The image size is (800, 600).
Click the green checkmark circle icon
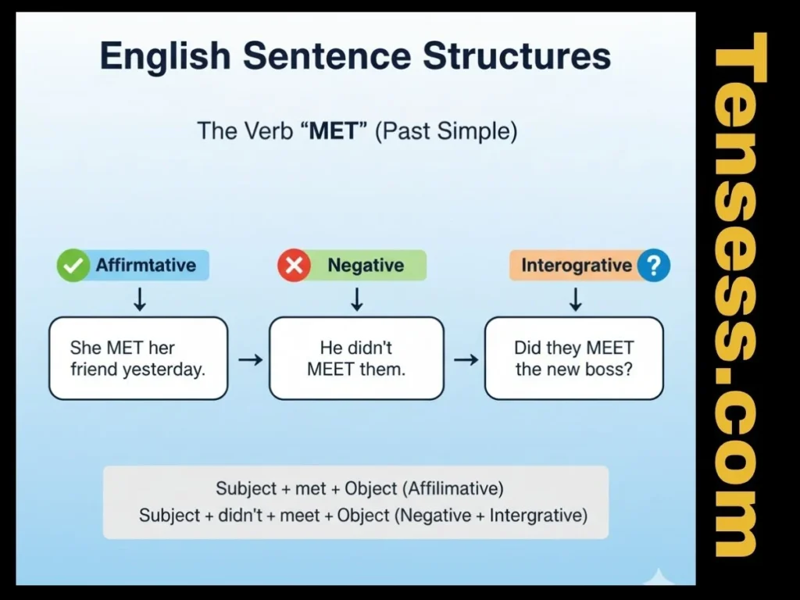pos(73,266)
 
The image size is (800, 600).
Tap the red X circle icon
pos(294,266)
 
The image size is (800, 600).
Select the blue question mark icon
pos(653,266)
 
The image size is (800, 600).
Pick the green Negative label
pos(366,266)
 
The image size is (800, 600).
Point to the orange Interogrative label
pos(575,266)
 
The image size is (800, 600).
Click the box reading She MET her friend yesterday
pos(138,359)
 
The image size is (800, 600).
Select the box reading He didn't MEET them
pos(356,359)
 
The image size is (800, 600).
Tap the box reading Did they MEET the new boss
pos(573,359)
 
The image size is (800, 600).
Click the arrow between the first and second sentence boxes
pos(249,359)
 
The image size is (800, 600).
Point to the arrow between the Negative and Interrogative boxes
pos(466,359)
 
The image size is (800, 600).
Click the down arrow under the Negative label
pos(357,298)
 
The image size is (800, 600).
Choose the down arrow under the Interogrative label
pos(575,298)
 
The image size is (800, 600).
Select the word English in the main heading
pos(167,57)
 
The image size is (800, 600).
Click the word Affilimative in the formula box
pos(453,489)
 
